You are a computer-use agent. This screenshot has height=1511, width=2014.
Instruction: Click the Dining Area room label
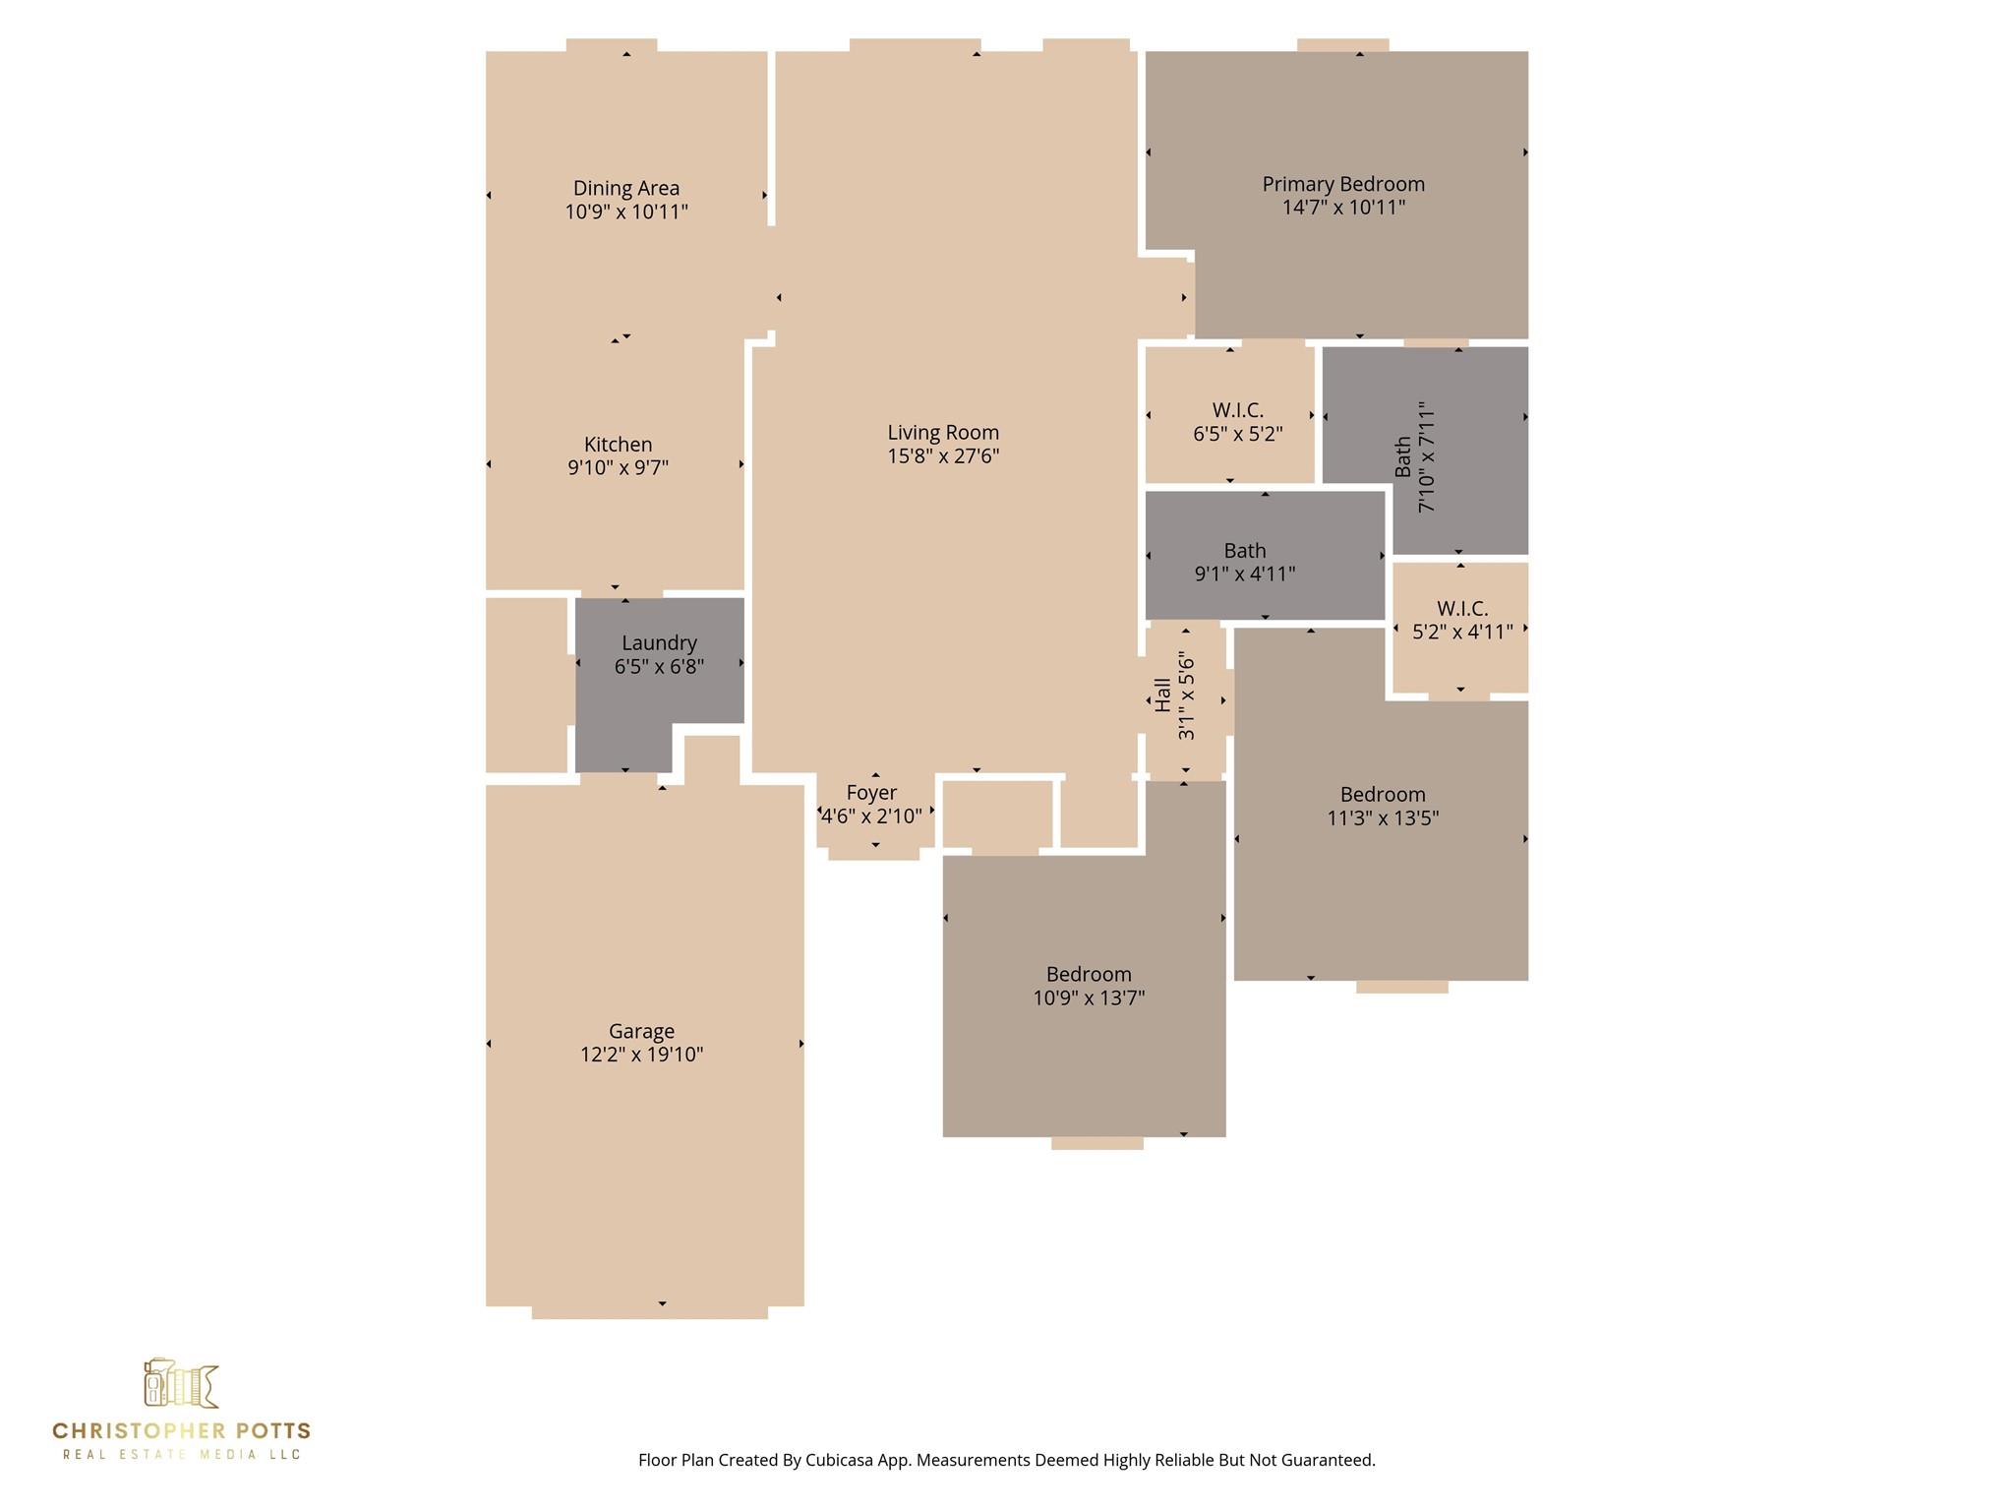point(626,188)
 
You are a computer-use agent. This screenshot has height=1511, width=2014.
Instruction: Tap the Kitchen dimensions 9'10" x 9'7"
point(618,467)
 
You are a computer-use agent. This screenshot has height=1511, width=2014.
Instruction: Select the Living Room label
point(943,433)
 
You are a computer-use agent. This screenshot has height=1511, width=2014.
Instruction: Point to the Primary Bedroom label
point(1343,184)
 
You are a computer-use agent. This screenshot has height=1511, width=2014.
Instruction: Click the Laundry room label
point(659,643)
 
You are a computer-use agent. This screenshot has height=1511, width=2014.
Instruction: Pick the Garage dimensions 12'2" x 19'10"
point(641,1055)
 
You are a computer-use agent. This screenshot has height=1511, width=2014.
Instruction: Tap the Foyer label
point(871,793)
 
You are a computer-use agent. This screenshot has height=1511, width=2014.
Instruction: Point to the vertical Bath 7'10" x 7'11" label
point(1416,456)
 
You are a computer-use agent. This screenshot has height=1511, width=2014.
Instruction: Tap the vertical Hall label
point(1163,695)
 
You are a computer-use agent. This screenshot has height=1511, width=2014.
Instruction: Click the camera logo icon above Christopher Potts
point(181,1384)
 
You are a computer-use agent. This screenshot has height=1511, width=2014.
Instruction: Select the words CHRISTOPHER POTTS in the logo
point(182,1431)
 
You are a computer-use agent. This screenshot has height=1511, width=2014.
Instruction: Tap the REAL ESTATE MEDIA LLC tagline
point(182,1455)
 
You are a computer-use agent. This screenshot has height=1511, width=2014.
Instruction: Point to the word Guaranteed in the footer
point(1327,1460)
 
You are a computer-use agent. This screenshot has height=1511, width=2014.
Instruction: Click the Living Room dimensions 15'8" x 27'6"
point(943,455)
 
